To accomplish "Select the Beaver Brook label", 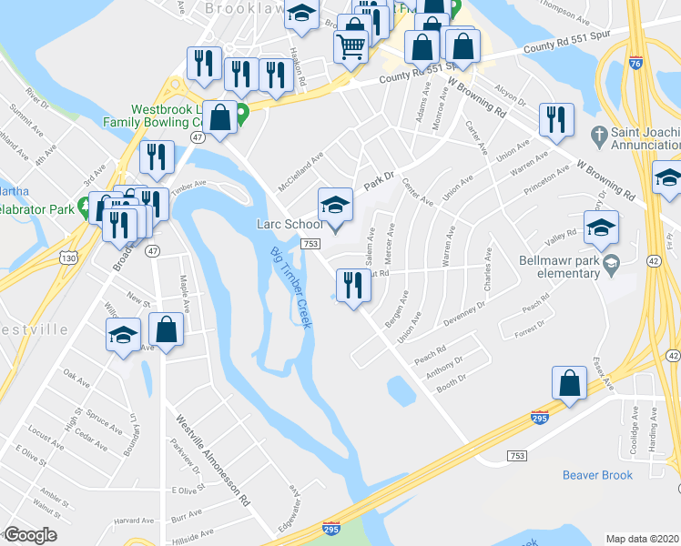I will [597, 475].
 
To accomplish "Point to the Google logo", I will [29, 535].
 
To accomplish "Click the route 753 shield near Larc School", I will [310, 244].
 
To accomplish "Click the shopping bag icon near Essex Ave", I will [569, 383].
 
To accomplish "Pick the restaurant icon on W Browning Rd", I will [554, 120].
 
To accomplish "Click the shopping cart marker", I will [351, 43].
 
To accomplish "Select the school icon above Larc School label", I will [335, 206].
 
